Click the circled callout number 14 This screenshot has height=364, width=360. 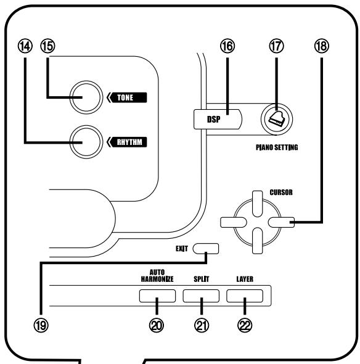pos(25,46)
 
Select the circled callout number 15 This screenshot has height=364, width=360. pos(48,46)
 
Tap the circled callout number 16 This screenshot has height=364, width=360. pos(227,46)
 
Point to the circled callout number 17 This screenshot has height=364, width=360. pos(276,46)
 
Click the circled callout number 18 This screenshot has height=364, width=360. pos(322,46)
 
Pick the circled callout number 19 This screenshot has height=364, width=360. pos(41,325)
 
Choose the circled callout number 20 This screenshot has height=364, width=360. pos(157,325)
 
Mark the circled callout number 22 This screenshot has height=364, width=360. pos(245,325)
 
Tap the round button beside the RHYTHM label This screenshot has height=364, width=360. pos(86,142)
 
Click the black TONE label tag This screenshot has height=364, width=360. pos(127,97)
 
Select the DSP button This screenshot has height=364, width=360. pos(218,119)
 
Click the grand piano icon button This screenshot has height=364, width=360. pos(277,119)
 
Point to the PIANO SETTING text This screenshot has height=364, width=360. pos(277,147)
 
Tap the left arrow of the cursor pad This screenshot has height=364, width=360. pos(233,222)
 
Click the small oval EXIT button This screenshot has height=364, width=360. pos(206,249)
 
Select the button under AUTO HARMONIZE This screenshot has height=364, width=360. pos(157,296)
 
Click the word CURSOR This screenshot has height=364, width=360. pos(281,192)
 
